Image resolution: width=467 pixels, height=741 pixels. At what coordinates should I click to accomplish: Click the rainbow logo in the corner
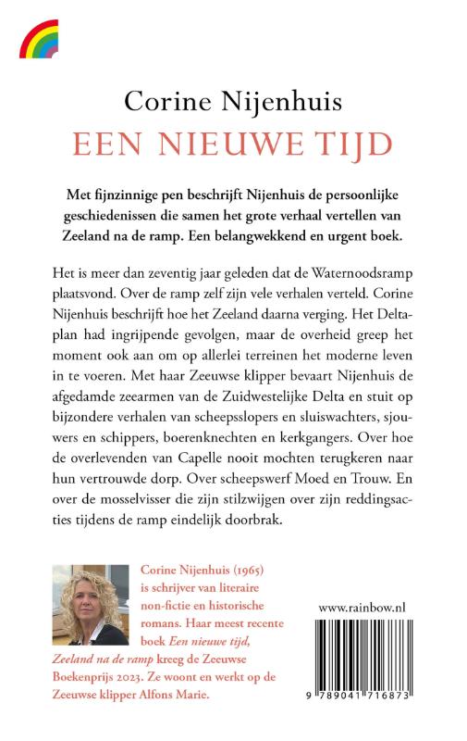[x=38, y=40]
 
